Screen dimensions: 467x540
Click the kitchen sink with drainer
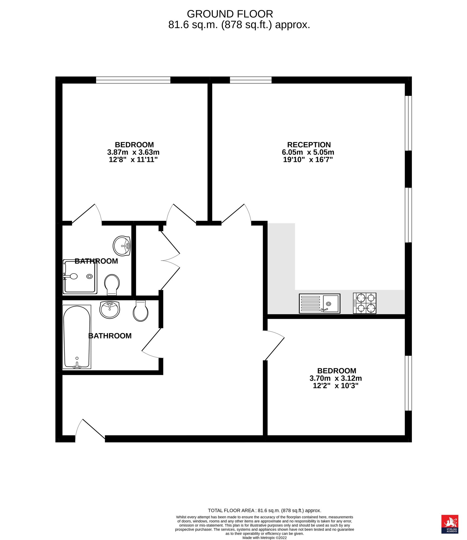[x=320, y=303]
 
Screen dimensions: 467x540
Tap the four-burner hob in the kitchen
[x=364, y=303]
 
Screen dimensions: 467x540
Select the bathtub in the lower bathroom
[x=77, y=337]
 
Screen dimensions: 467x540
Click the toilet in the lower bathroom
[x=141, y=311]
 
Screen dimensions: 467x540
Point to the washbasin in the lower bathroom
[x=110, y=310]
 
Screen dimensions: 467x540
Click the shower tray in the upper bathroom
[x=80, y=277]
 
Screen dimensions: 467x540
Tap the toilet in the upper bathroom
[x=112, y=285]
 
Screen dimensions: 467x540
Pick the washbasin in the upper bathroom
[x=122, y=246]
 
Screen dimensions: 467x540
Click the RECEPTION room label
[x=309, y=145]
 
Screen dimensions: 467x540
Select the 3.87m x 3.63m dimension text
[x=133, y=152]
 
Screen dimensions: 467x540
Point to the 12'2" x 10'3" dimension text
[x=336, y=386]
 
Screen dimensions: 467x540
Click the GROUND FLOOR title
[x=230, y=14]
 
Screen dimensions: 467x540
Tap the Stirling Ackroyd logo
[x=450, y=524]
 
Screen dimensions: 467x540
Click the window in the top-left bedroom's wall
[x=133, y=80]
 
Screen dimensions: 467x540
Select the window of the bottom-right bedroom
[x=408, y=383]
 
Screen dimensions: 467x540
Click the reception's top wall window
[x=251, y=80]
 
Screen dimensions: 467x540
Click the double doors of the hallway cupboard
[x=170, y=260]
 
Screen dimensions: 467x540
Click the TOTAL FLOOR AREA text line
[x=264, y=510]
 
